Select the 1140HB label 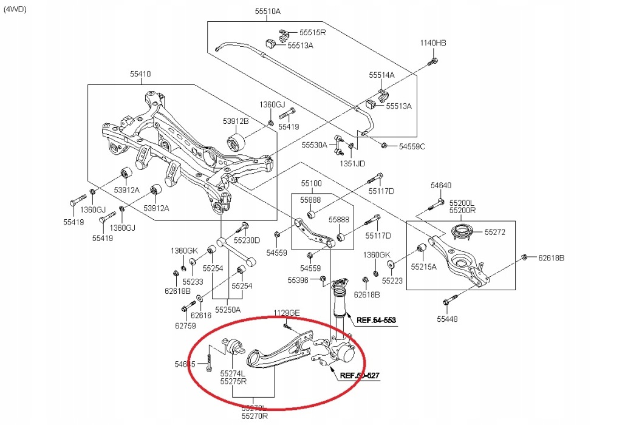[x=433, y=42]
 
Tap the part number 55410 [x=140, y=74]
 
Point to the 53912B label [x=237, y=121]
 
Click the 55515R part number [x=313, y=32]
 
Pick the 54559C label [x=412, y=146]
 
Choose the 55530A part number [x=315, y=145]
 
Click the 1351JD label [x=353, y=163]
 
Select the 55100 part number [x=311, y=183]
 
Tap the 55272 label [x=495, y=232]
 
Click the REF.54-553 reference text [x=376, y=321]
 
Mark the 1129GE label [x=287, y=313]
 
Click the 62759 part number [x=186, y=326]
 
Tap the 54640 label [x=442, y=186]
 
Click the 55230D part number [x=247, y=240]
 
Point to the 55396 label [x=298, y=280]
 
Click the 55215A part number [x=423, y=267]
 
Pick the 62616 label [x=201, y=315]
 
